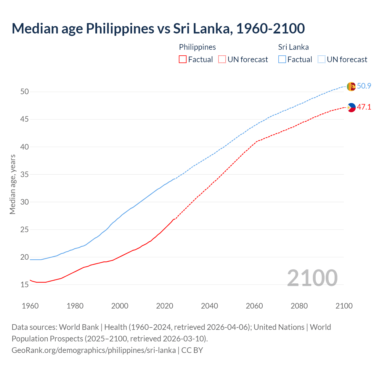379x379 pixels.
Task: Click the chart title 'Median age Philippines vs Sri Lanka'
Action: click(158, 29)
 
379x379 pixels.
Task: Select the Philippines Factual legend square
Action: click(183, 60)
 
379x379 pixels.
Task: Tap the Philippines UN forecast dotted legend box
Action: click(222, 60)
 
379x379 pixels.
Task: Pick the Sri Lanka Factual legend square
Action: click(282, 60)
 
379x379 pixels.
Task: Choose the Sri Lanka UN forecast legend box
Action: click(322, 60)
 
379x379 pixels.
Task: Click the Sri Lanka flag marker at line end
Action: click(351, 86)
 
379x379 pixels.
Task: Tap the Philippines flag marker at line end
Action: click(351, 107)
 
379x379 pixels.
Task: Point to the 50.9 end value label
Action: click(364, 86)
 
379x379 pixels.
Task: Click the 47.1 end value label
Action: click(364, 107)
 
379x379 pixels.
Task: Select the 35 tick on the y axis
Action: click(25, 175)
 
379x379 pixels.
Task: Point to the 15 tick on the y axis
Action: click(25, 285)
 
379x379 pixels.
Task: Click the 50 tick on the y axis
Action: click(25, 92)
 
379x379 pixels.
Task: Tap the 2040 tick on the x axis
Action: click(209, 306)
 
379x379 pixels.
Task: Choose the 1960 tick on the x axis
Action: click(30, 306)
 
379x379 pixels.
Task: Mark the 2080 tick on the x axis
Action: click(299, 306)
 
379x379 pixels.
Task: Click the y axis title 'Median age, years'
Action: click(12, 184)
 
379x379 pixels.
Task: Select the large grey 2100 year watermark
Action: click(312, 278)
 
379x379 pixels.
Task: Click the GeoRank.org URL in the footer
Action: click(94, 350)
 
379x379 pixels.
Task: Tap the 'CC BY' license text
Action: click(192, 350)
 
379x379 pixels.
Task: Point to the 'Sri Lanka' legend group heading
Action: click(293, 47)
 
